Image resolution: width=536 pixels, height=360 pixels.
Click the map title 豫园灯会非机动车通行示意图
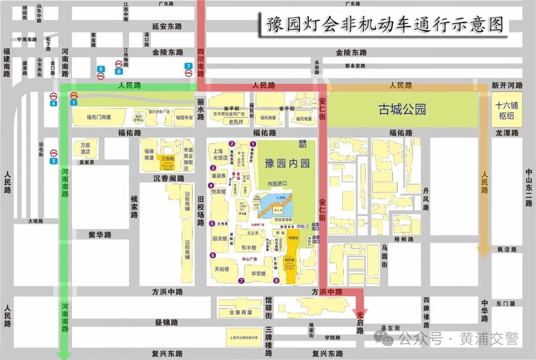click(x=385, y=23)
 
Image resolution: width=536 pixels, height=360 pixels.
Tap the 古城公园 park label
click(x=402, y=109)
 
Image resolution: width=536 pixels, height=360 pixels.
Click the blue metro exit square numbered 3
click(x=54, y=161)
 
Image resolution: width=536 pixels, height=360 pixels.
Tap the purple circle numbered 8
click(x=276, y=281)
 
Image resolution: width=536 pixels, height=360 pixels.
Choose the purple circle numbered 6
click(x=213, y=256)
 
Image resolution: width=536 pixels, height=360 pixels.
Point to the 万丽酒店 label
click(x=85, y=148)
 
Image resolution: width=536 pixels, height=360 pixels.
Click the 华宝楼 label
click(x=258, y=273)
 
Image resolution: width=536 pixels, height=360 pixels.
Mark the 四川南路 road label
click(x=201, y=62)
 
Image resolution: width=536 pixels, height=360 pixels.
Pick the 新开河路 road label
click(x=507, y=85)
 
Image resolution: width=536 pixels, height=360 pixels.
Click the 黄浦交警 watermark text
click(x=489, y=339)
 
